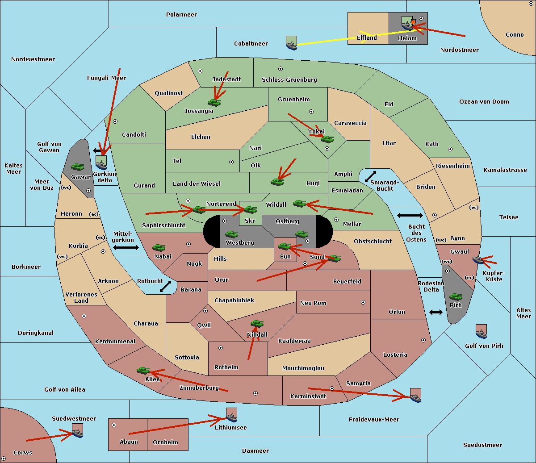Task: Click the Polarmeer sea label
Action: (x=181, y=15)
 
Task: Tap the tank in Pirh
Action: (x=456, y=296)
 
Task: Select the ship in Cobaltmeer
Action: (x=291, y=43)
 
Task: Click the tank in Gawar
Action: (x=77, y=167)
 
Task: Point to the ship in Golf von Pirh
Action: (x=481, y=331)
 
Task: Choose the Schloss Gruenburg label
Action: (x=289, y=79)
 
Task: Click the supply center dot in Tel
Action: (x=231, y=162)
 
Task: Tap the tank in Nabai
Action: (x=159, y=247)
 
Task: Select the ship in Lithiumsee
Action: (x=231, y=415)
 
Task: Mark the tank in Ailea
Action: (x=143, y=371)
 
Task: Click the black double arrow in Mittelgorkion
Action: (x=126, y=248)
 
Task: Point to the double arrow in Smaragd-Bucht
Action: (x=370, y=176)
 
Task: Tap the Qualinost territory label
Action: (x=168, y=93)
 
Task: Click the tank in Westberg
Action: (x=231, y=234)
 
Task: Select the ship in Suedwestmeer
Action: (x=77, y=430)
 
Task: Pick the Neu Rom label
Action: (x=313, y=303)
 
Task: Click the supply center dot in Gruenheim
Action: (x=311, y=112)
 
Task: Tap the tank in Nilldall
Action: (x=257, y=324)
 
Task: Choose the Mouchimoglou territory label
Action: (x=303, y=368)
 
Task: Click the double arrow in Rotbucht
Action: (x=165, y=286)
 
